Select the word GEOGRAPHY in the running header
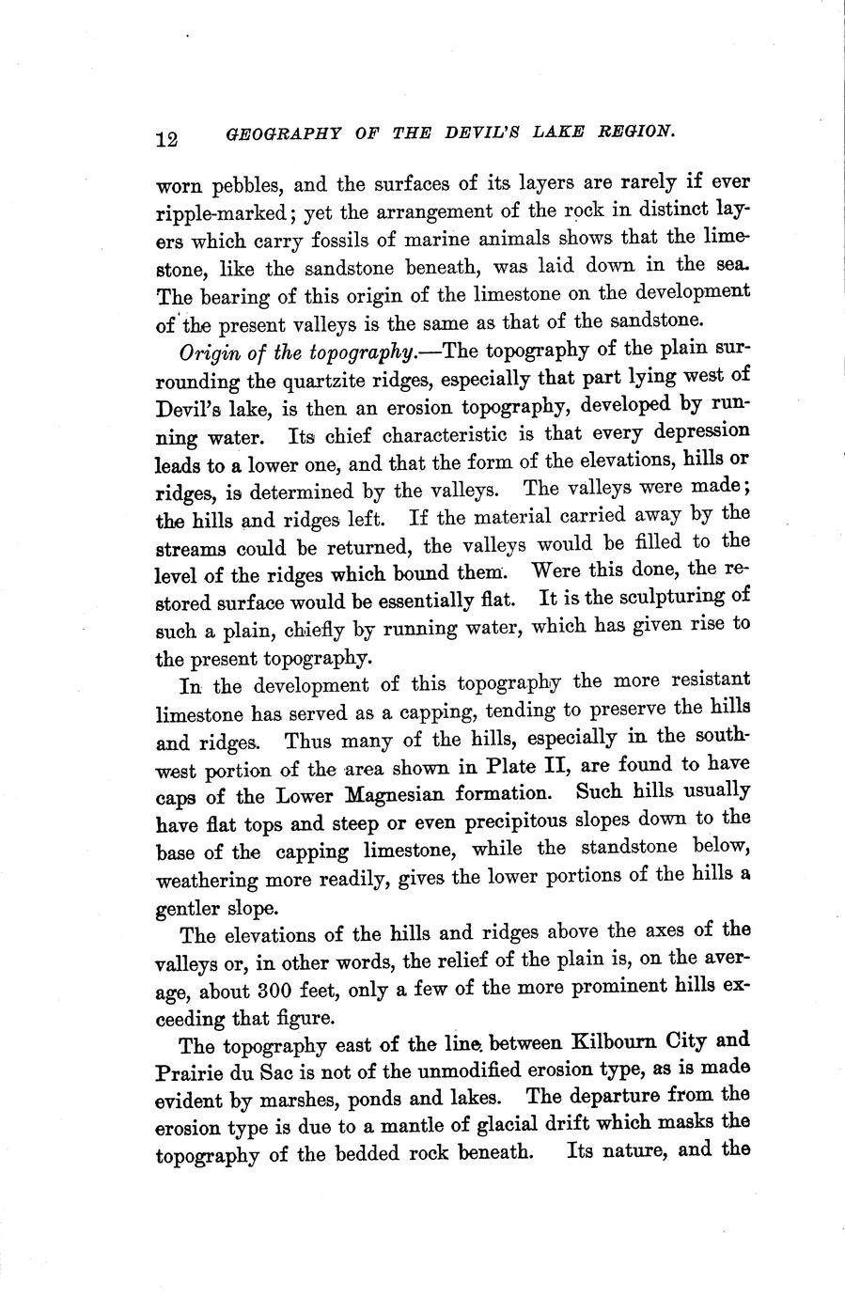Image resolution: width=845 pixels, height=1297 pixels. point(274,135)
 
